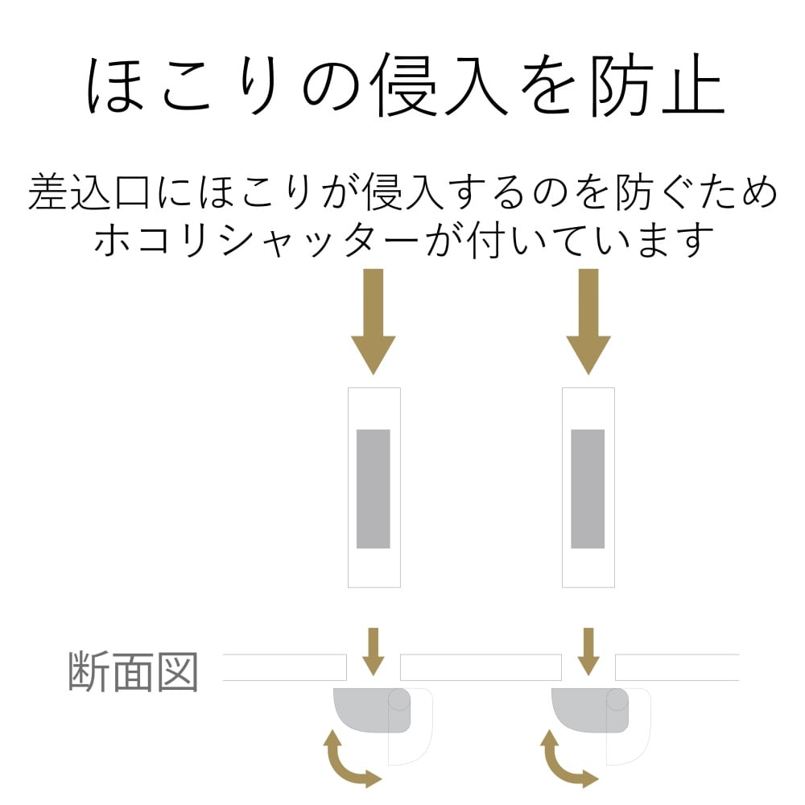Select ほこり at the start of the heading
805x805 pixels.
(x=182, y=85)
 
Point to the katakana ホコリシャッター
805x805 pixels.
(x=257, y=240)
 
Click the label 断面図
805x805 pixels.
(x=133, y=671)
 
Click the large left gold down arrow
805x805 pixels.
(x=374, y=321)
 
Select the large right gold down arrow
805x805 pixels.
(x=588, y=321)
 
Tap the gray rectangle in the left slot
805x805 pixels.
(x=374, y=489)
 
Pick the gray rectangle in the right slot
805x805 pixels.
(x=588, y=489)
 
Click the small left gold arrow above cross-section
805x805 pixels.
(x=374, y=651)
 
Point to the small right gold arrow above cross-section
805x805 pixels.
(x=589, y=651)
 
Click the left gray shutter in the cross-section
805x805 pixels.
(x=369, y=710)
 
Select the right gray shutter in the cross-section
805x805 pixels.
(x=588, y=710)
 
